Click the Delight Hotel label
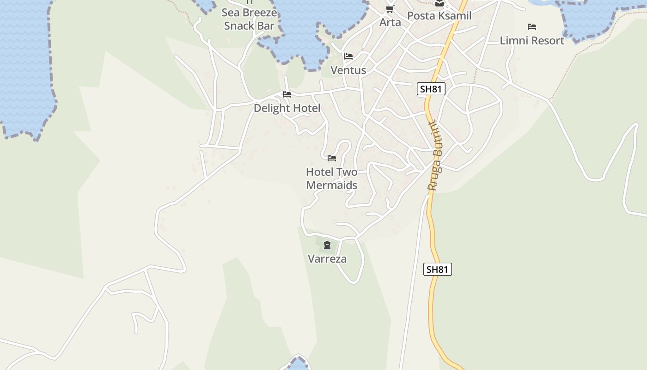[287, 108]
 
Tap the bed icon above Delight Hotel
[287, 94]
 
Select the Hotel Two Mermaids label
[332, 179]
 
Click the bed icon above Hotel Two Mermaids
[332, 158]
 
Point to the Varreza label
[327, 259]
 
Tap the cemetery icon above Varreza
[327, 245]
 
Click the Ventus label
[348, 70]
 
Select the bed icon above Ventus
[348, 56]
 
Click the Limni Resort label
[532, 41]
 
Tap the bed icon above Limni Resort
[532, 27]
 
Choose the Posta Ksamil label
[439, 16]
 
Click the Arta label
[390, 22]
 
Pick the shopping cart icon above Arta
[390, 9]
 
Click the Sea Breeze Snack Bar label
[250, 19]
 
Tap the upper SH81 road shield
[431, 89]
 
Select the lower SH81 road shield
[437, 269]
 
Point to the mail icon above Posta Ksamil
[439, 3]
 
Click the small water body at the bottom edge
[298, 364]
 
